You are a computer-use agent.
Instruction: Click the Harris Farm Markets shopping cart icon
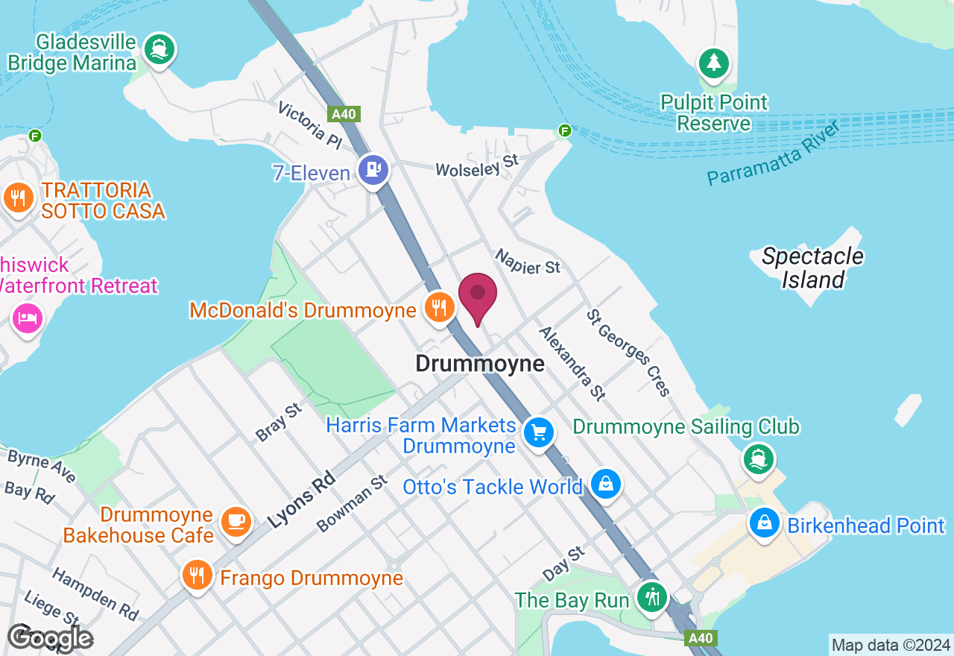[x=538, y=432]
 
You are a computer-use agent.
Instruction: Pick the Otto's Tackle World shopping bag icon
[x=607, y=484]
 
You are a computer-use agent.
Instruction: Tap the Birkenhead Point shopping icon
[x=765, y=523]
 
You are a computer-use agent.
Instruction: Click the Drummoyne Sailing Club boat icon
[x=759, y=458]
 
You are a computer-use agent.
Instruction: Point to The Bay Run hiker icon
[x=653, y=596]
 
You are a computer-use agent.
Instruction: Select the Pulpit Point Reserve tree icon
[x=714, y=63]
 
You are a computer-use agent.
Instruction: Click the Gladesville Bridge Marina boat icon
[x=159, y=49]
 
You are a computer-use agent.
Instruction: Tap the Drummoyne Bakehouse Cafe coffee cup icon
[x=236, y=521]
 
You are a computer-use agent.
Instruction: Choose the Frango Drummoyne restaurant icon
[x=197, y=575]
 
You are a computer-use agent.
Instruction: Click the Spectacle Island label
[x=812, y=268]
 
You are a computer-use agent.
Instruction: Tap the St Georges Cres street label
[x=629, y=353]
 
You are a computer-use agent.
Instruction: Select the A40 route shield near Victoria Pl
[x=344, y=114]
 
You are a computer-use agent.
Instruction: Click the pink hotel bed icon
[x=28, y=319]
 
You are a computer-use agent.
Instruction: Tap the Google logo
[x=50, y=638]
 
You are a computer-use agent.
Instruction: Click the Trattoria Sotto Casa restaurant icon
[x=18, y=198]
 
